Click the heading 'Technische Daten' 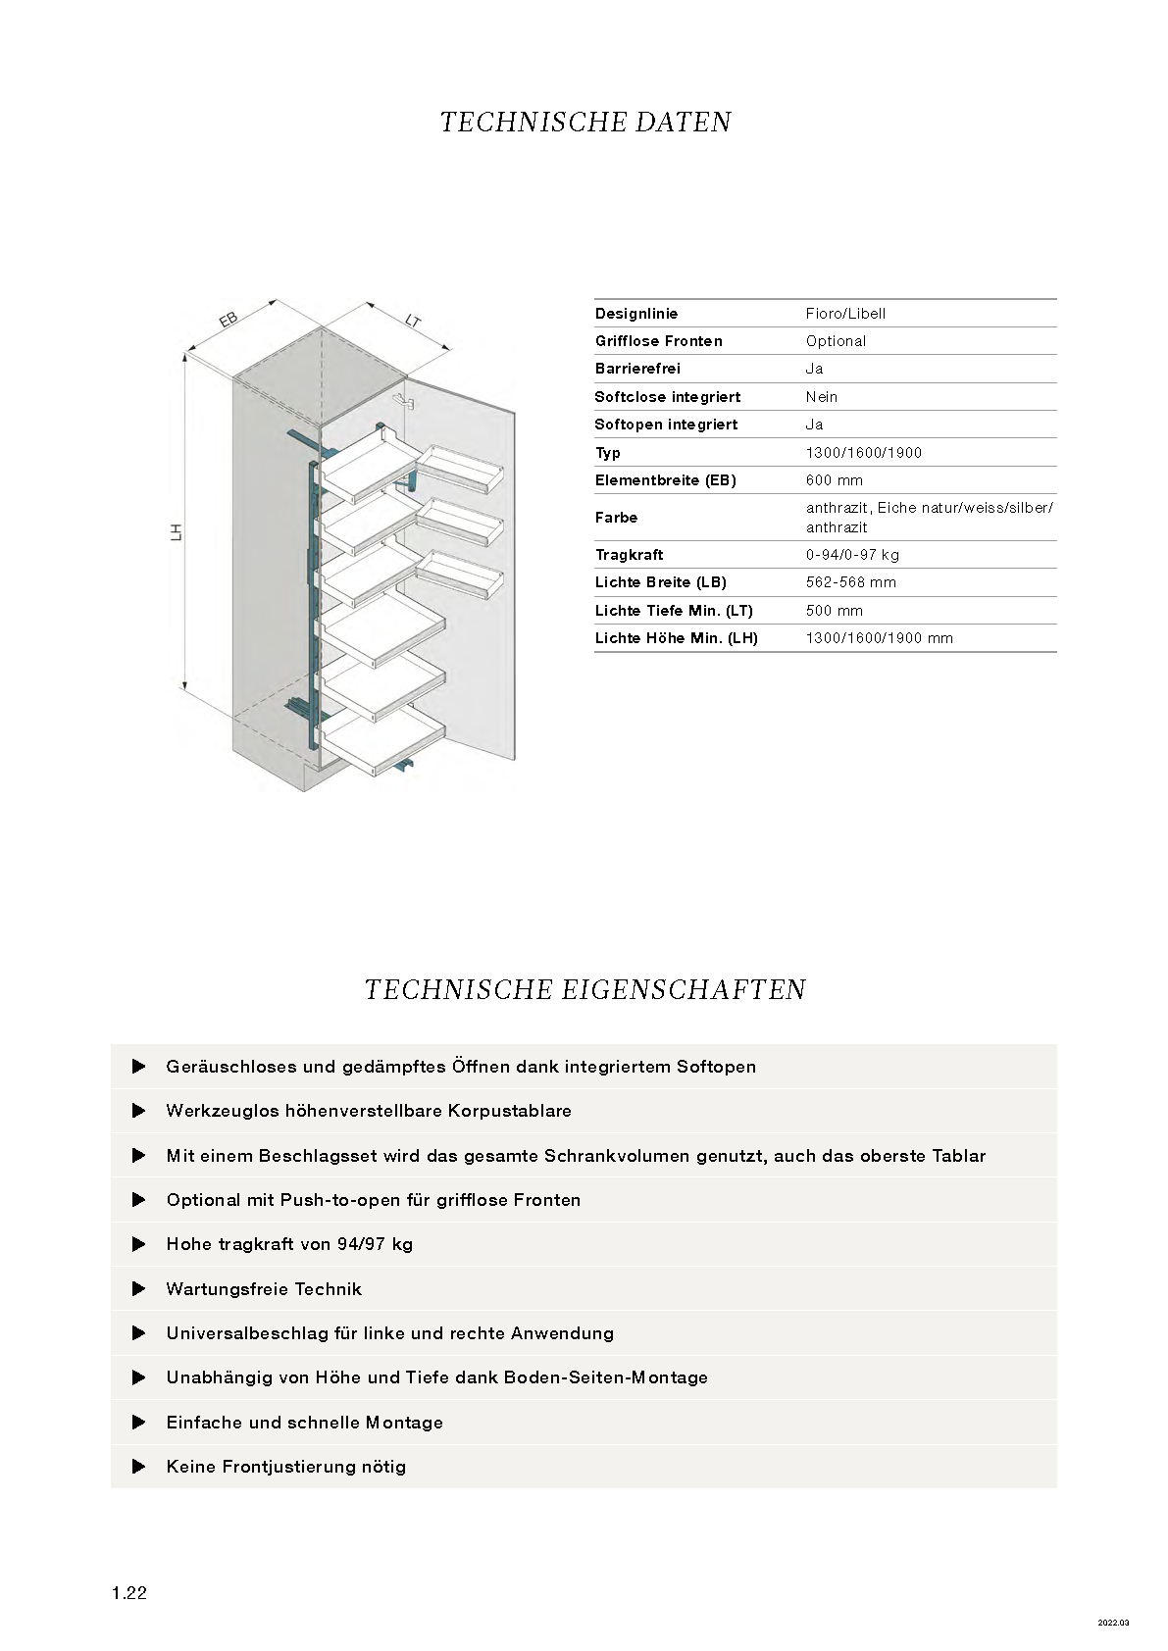(585, 123)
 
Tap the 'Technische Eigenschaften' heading (584, 990)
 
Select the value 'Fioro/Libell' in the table (845, 314)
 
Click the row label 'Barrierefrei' (637, 369)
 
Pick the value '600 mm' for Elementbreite (834, 480)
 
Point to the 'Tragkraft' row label (629, 555)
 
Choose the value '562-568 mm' (851, 582)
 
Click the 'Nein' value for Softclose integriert (822, 397)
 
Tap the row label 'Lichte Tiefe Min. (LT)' (674, 611)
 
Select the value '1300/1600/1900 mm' (880, 638)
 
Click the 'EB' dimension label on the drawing (228, 320)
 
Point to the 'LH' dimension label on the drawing (177, 532)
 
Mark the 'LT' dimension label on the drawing (413, 319)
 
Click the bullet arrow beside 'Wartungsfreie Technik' (139, 1289)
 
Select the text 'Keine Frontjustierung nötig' (285, 1467)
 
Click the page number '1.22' (129, 1593)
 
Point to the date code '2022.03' (1113, 1623)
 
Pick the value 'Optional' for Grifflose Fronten (836, 341)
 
